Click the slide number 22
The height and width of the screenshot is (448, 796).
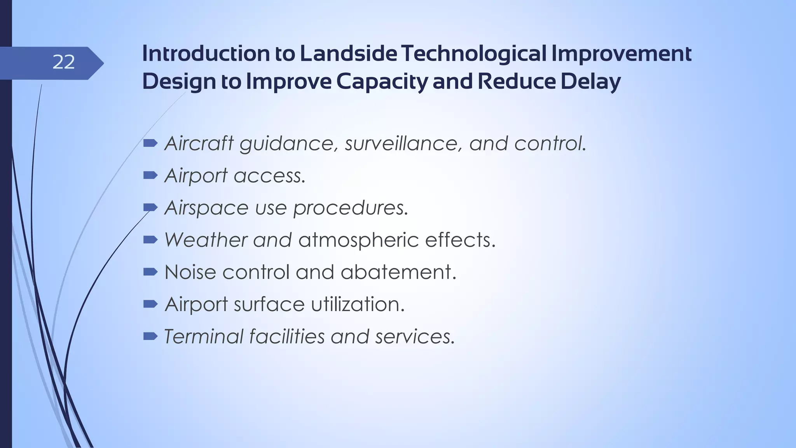(x=63, y=62)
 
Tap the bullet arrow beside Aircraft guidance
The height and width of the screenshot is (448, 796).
(x=150, y=143)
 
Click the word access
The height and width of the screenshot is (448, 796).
(x=269, y=176)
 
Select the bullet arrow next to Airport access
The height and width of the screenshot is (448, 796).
(x=150, y=176)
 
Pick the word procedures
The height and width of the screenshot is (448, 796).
(x=351, y=208)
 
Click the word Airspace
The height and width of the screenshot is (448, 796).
(x=206, y=208)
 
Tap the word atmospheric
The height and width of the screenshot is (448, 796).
(x=358, y=240)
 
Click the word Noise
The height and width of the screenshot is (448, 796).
(x=190, y=272)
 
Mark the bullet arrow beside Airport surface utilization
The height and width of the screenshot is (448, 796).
(x=150, y=304)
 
